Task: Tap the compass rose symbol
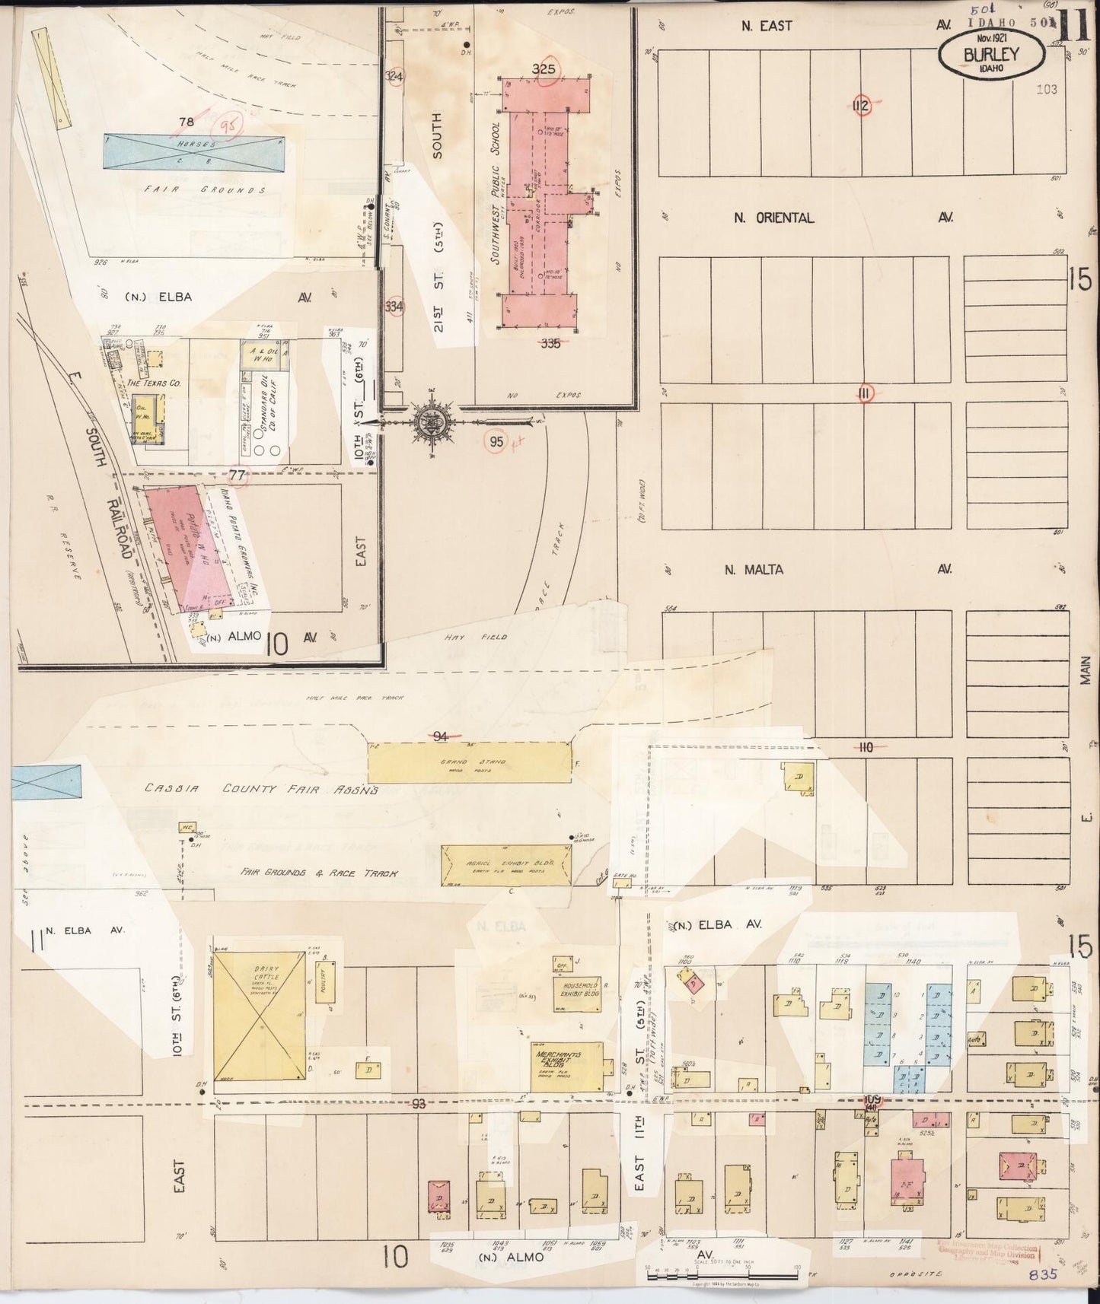(429, 421)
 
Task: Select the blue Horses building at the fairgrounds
(195, 150)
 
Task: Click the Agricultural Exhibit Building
(509, 866)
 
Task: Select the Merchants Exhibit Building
(568, 1065)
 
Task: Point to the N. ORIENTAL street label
(773, 218)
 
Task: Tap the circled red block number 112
(861, 106)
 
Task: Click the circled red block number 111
(865, 393)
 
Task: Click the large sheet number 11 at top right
(1071, 24)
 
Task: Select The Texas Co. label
(154, 384)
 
